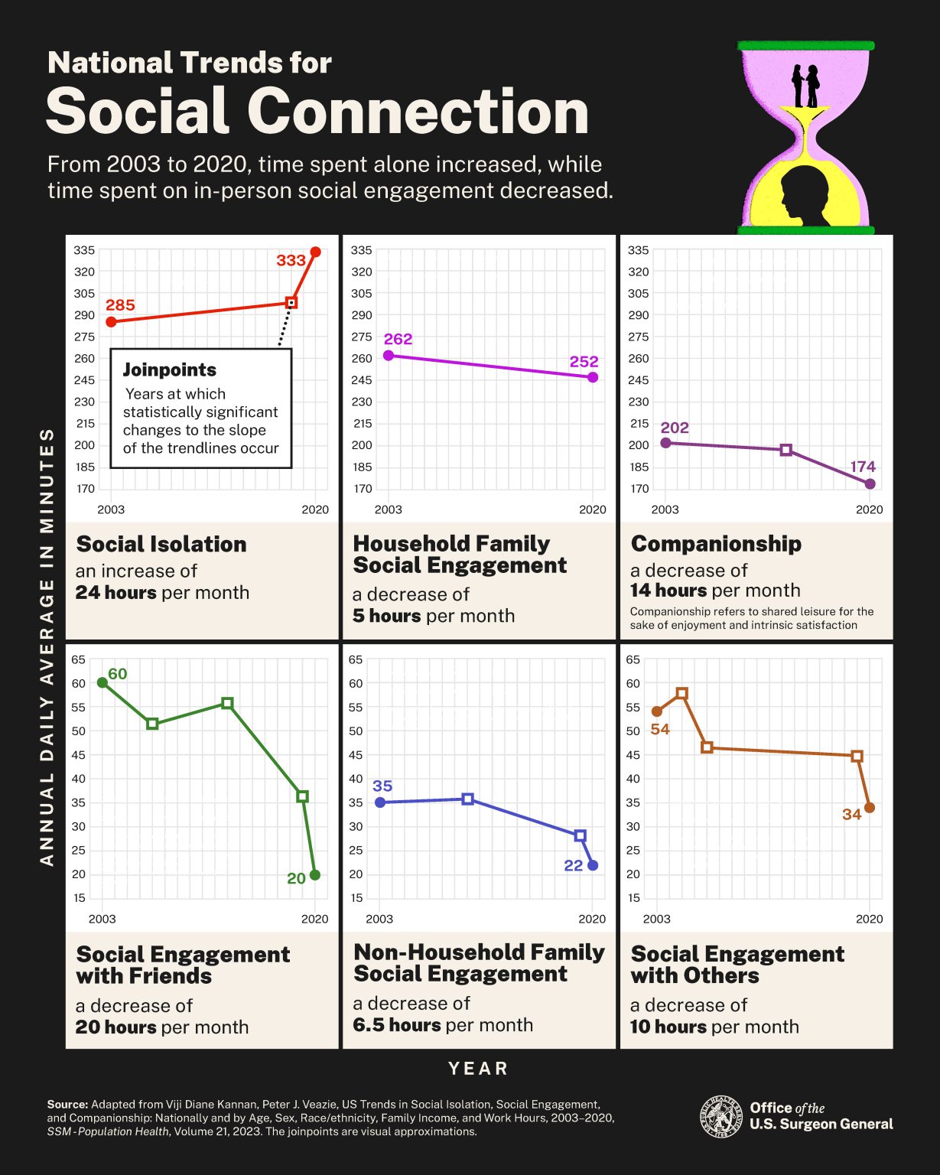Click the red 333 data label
coord(291,260)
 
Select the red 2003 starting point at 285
coord(112,322)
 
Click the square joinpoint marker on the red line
coord(291,303)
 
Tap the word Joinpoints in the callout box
coord(170,370)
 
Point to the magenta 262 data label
coord(398,339)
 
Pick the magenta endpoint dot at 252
coord(593,377)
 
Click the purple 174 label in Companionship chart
coord(863,467)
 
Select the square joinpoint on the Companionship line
coord(786,450)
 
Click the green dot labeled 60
coord(102,682)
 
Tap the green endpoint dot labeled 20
coord(315,874)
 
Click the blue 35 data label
coord(382,786)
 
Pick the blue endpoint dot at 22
coord(593,865)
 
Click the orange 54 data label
coord(660,730)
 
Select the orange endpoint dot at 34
coord(870,808)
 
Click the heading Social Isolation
coord(161,544)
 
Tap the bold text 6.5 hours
coord(396,1025)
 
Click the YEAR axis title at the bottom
coord(479,1069)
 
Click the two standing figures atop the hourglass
coord(805,86)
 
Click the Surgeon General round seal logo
coord(721,1116)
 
